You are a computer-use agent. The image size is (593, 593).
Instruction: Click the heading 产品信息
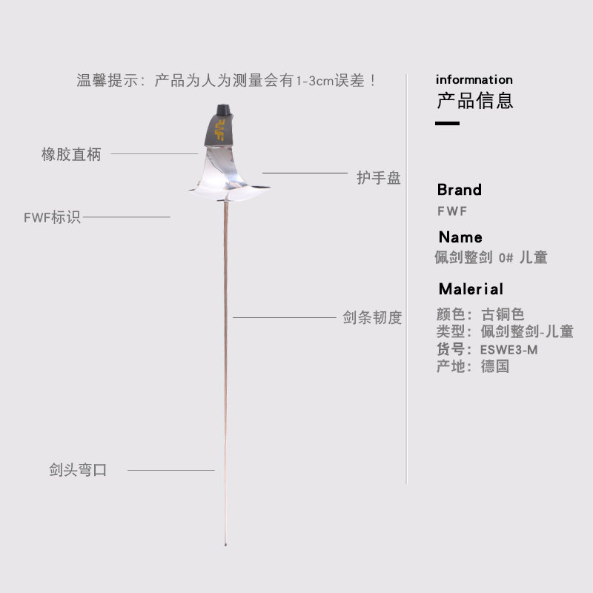coord(475,100)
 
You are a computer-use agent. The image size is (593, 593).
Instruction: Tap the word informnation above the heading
coord(474,79)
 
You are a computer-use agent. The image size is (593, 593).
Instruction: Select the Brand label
coord(459,190)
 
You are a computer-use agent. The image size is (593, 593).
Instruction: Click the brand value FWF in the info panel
coord(452,211)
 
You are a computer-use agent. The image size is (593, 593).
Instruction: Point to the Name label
coord(460,237)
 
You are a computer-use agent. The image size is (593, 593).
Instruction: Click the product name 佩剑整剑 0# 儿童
coord(491,258)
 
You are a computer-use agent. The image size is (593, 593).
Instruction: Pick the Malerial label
coord(471,289)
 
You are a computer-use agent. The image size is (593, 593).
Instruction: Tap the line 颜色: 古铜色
coord(480,314)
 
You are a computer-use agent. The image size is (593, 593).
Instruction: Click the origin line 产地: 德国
coord(473,366)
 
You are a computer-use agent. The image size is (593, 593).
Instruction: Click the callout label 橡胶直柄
coord(71,155)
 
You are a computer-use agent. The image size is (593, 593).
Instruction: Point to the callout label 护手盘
coord(379,178)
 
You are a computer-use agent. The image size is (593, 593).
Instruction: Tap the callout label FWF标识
coord(52,218)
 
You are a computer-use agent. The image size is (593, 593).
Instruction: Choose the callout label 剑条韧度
coord(372,318)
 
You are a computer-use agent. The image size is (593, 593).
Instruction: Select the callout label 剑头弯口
coord(79,470)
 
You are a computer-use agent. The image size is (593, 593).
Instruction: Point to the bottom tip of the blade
coord(225,546)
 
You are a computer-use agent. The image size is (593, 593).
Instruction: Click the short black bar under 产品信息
coord(447,123)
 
